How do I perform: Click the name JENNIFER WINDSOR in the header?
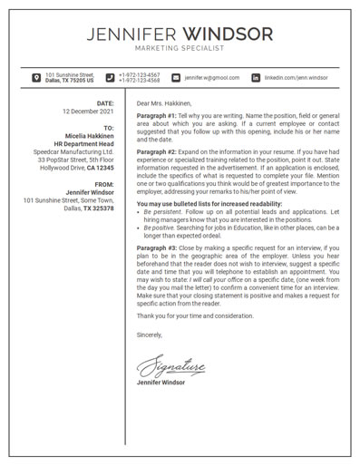[x=180, y=34]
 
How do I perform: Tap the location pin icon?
[x=35, y=78]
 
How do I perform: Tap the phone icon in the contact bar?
[x=110, y=78]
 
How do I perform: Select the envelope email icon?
[x=176, y=78]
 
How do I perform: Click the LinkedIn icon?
[x=256, y=78]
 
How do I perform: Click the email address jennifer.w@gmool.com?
[x=211, y=78]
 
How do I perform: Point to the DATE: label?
[x=105, y=103]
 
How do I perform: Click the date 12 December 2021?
[x=88, y=112]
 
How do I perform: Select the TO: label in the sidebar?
[x=109, y=128]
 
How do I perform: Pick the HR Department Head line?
[x=83, y=144]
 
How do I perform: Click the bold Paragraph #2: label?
[x=157, y=151]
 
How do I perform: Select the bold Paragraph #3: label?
[x=157, y=248]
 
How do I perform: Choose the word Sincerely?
[x=150, y=335]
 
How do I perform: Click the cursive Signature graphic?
[x=172, y=364]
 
